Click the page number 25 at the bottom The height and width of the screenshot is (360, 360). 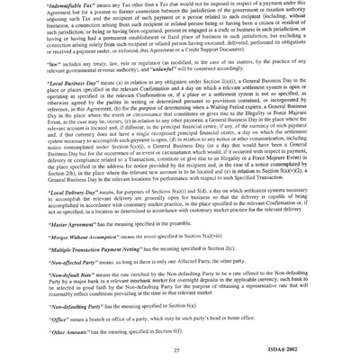click(179, 349)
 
